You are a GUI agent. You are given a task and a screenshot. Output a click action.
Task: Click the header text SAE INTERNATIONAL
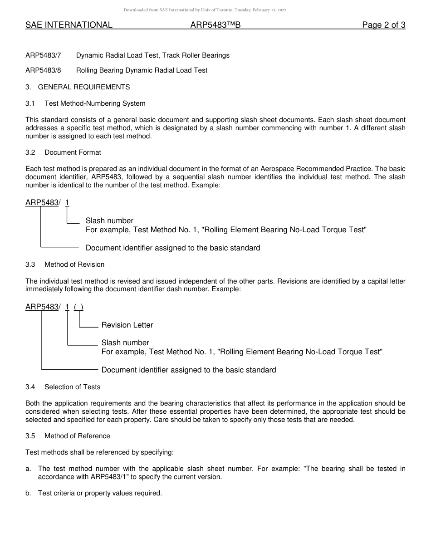pyautogui.click(x=69, y=25)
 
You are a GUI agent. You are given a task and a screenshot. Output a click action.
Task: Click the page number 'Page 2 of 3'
pyautogui.click(x=383, y=25)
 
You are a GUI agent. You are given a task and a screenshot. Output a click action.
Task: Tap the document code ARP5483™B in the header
pyautogui.click(x=215, y=25)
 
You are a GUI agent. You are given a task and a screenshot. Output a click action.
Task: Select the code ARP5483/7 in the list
pyautogui.click(x=43, y=55)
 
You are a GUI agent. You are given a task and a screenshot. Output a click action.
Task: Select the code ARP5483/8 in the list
pyautogui.click(x=43, y=70)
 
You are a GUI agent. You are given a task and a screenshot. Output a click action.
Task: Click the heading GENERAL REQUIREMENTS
pyautogui.click(x=84, y=87)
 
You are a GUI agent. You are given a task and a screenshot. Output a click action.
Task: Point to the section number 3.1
pyautogui.click(x=30, y=103)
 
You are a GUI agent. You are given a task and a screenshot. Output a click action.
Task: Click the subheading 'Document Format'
pyautogui.click(x=73, y=152)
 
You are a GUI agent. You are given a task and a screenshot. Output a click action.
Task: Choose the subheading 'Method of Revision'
pyautogui.click(x=74, y=264)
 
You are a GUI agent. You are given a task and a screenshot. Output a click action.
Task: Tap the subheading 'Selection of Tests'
pyautogui.click(x=72, y=387)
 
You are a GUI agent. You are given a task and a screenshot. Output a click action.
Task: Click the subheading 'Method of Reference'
pyautogui.click(x=77, y=436)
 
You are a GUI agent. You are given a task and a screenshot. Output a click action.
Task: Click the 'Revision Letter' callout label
pyautogui.click(x=127, y=325)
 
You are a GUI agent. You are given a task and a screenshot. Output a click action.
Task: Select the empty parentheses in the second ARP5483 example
pyautogui.click(x=78, y=307)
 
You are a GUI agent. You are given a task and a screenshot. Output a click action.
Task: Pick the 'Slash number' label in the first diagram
pyautogui.click(x=109, y=221)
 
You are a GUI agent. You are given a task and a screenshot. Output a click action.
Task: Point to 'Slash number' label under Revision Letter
pyautogui.click(x=125, y=343)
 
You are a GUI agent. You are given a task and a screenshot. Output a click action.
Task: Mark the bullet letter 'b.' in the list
pyautogui.click(x=29, y=493)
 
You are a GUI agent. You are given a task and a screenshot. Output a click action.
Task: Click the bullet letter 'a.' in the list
pyautogui.click(x=29, y=469)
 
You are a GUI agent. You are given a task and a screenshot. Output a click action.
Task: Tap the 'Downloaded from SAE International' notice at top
pyautogui.click(x=205, y=10)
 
